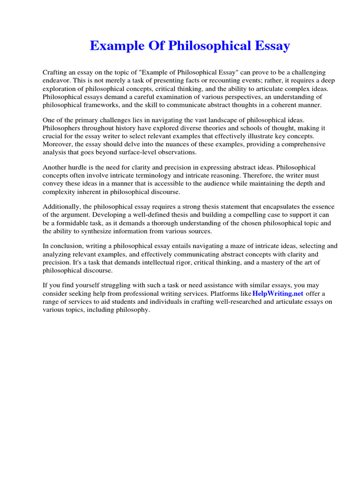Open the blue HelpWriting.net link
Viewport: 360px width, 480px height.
[x=278, y=294]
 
